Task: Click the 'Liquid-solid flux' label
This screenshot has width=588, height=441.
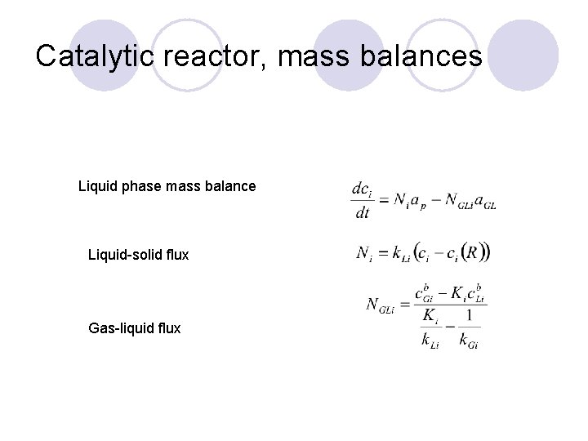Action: pyautogui.click(x=138, y=255)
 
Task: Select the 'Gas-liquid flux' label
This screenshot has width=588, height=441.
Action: pyautogui.click(x=134, y=328)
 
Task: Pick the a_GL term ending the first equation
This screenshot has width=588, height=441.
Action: pyautogui.click(x=484, y=201)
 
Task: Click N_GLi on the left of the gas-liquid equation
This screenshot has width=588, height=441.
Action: pyautogui.click(x=383, y=305)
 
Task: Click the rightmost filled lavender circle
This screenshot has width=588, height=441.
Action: pyautogui.click(x=523, y=56)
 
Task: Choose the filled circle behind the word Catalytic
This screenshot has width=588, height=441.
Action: pyautogui.click(x=104, y=56)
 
